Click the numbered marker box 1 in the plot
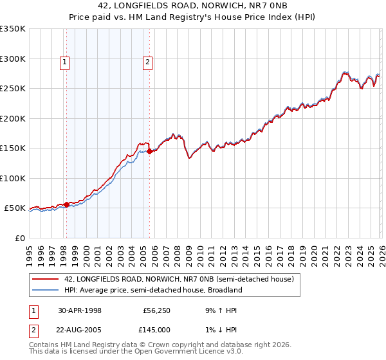click(x=66, y=62)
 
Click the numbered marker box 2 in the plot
click(x=148, y=62)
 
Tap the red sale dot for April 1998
click(x=66, y=204)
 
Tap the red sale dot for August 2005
click(x=149, y=152)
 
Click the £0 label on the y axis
click(x=19, y=238)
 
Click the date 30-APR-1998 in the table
click(x=80, y=310)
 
